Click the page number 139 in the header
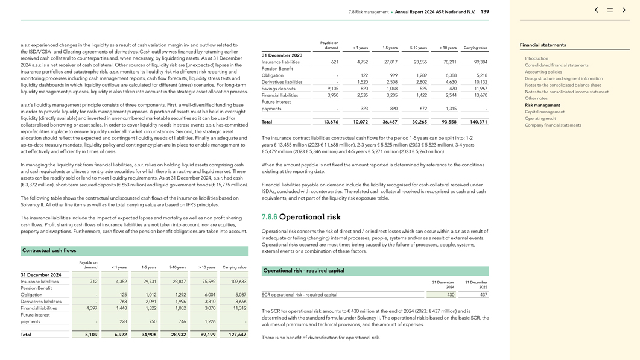484,12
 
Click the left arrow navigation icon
596,10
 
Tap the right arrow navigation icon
624,10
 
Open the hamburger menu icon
610,10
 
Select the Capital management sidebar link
544,112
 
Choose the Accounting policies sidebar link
543,72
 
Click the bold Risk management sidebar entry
542,105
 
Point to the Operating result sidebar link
540,118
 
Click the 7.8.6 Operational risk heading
300,217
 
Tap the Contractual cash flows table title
49,250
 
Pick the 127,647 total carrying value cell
237,335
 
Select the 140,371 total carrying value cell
478,122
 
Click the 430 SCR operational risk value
450,295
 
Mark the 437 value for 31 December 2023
483,295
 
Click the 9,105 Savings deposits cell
332,89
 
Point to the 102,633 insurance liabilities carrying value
238,282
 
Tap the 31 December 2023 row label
282,55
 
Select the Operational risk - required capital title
303,271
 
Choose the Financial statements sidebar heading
543,45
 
